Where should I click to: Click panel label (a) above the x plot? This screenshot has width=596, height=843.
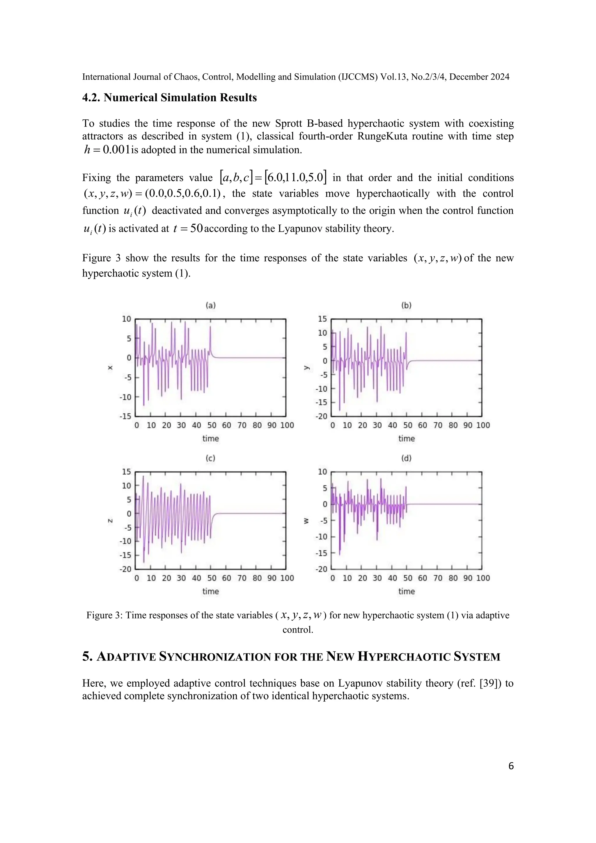pos(210,305)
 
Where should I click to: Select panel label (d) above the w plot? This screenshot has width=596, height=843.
pos(406,458)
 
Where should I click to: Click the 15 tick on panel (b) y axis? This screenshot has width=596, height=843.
pos(322,319)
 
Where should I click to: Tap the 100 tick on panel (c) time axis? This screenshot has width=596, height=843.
pos(287,578)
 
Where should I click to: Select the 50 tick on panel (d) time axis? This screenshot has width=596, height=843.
pos(407,578)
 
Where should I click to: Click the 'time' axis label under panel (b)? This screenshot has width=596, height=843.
pos(406,438)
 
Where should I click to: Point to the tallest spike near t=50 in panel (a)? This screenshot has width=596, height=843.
pos(210,327)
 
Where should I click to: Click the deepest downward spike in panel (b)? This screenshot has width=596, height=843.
pos(340,409)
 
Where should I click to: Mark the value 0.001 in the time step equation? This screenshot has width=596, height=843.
pos(116,150)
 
